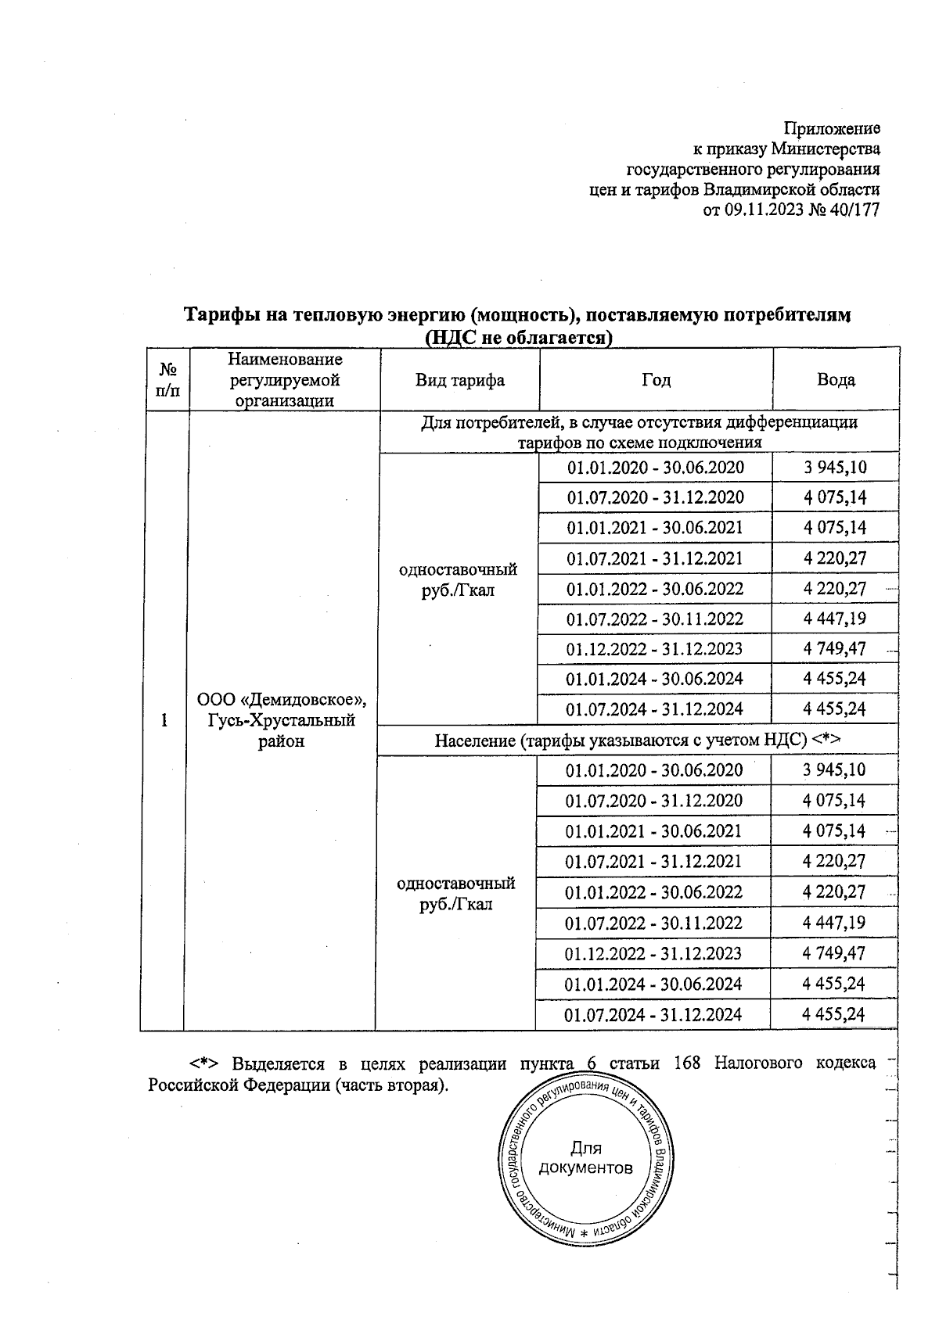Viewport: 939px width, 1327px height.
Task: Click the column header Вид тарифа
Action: point(459,380)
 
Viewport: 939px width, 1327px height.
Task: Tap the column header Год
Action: point(656,380)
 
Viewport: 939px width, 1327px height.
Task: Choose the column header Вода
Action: point(836,380)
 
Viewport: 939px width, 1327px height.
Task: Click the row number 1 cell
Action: point(164,720)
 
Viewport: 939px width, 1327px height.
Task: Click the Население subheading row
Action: point(638,740)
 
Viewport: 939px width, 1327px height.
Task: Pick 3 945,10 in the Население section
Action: point(834,770)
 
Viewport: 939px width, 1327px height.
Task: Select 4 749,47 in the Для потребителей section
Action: point(834,649)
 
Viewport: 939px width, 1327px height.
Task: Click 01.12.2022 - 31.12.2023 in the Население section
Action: point(653,953)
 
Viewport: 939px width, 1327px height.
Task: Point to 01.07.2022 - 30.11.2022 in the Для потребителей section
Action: point(655,619)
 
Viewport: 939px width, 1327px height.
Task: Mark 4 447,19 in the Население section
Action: point(834,923)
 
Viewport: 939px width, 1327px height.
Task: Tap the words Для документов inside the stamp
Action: point(586,1158)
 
